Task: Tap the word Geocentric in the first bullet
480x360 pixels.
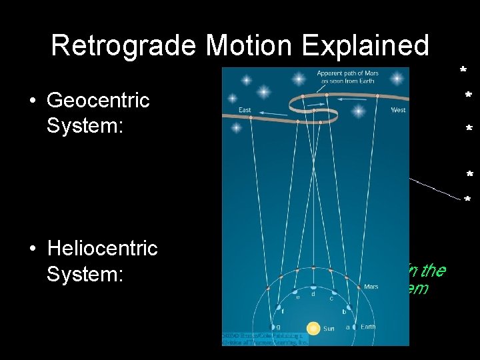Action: [98, 101]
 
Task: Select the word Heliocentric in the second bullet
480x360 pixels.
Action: [102, 249]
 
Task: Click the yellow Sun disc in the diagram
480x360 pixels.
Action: [313, 328]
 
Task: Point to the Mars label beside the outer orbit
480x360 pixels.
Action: [371, 287]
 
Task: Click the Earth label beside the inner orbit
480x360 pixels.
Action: [368, 327]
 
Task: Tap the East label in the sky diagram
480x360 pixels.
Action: [245, 110]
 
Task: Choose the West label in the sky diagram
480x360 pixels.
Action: [398, 110]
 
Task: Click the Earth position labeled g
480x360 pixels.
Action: [273, 327]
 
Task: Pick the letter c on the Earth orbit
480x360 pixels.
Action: [331, 298]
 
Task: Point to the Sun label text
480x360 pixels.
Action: [329, 329]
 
